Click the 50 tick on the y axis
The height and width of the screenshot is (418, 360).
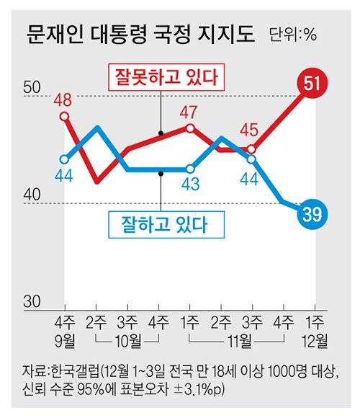34,87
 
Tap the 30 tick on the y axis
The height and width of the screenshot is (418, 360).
34,302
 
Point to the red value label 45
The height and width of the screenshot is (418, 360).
249,131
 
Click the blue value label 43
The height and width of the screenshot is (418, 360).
190,184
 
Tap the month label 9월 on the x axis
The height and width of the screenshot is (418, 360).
65,338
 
